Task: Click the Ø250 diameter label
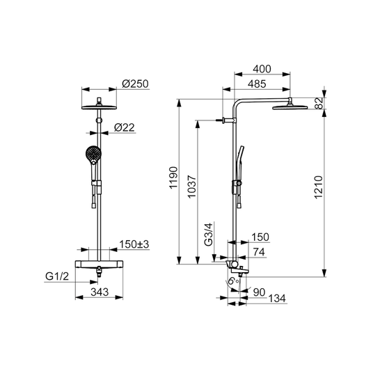135,84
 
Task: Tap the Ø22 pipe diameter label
124,127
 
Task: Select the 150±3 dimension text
134,244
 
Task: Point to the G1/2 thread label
57,276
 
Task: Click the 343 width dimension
100,292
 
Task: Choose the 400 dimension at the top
262,69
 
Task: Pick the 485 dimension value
257,84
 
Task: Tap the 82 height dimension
320,103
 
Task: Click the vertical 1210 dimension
319,187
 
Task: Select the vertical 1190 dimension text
173,177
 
